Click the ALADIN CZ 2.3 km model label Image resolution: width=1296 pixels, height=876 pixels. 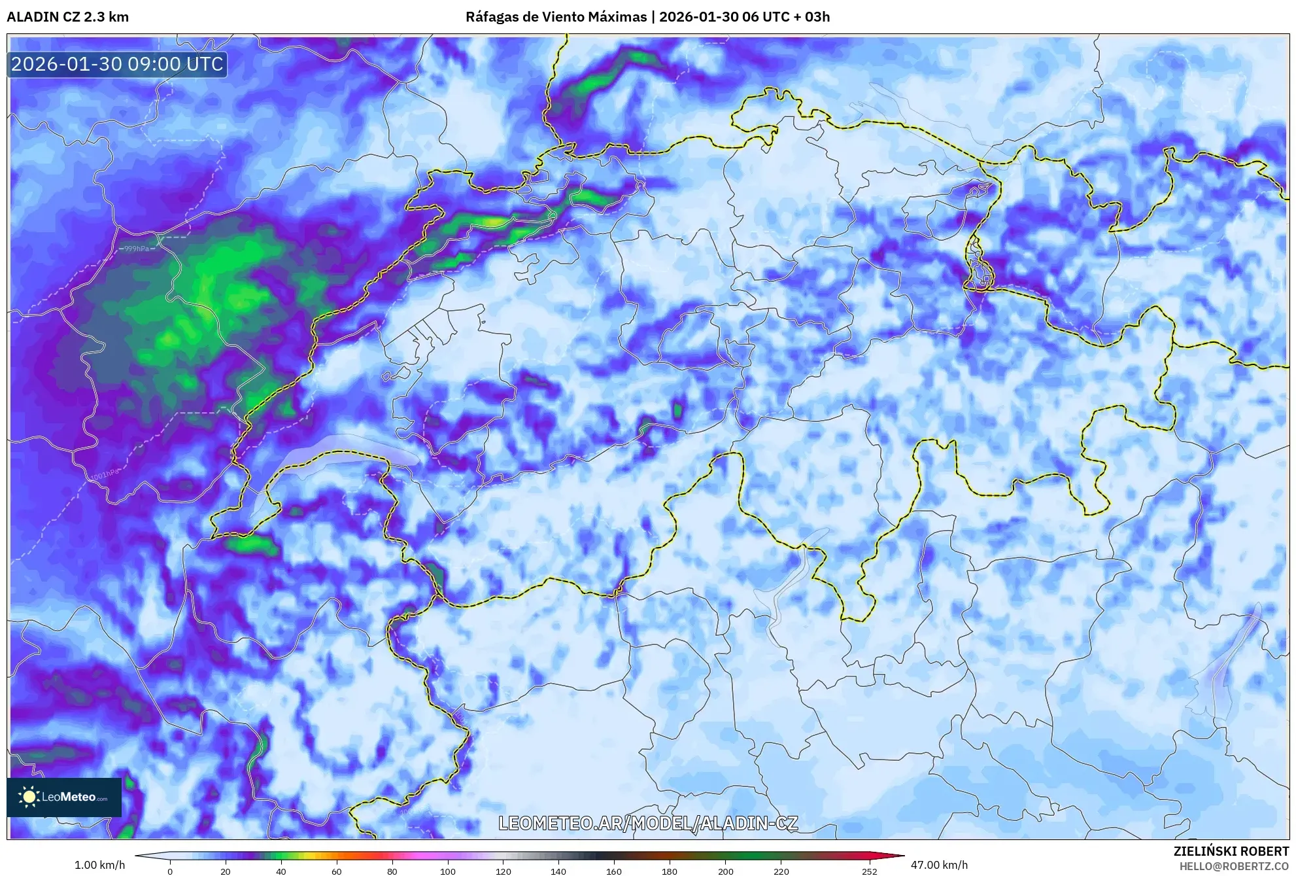point(68,17)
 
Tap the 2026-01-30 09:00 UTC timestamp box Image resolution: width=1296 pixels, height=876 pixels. point(117,64)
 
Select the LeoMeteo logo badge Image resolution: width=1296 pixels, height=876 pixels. point(64,797)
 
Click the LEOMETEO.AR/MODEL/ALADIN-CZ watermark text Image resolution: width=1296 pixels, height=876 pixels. point(648,823)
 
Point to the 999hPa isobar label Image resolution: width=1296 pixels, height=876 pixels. point(137,249)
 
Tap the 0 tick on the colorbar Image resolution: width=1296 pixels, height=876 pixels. point(170,871)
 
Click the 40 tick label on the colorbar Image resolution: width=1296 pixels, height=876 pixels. point(281,871)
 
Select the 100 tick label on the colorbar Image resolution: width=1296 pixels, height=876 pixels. point(447,871)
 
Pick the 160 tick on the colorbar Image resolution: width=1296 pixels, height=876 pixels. point(614,871)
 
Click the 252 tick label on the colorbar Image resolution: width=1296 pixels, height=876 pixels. point(870,871)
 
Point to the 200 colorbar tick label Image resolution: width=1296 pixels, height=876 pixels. point(725,871)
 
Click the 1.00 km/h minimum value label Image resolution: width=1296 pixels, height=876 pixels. point(99,865)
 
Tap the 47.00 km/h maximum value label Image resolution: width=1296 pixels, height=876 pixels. point(939,865)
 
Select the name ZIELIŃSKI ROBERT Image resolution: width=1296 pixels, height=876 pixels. point(1231,851)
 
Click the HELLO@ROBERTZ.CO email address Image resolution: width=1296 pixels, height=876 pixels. point(1234,866)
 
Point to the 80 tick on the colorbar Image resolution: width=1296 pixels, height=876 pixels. point(392,871)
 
